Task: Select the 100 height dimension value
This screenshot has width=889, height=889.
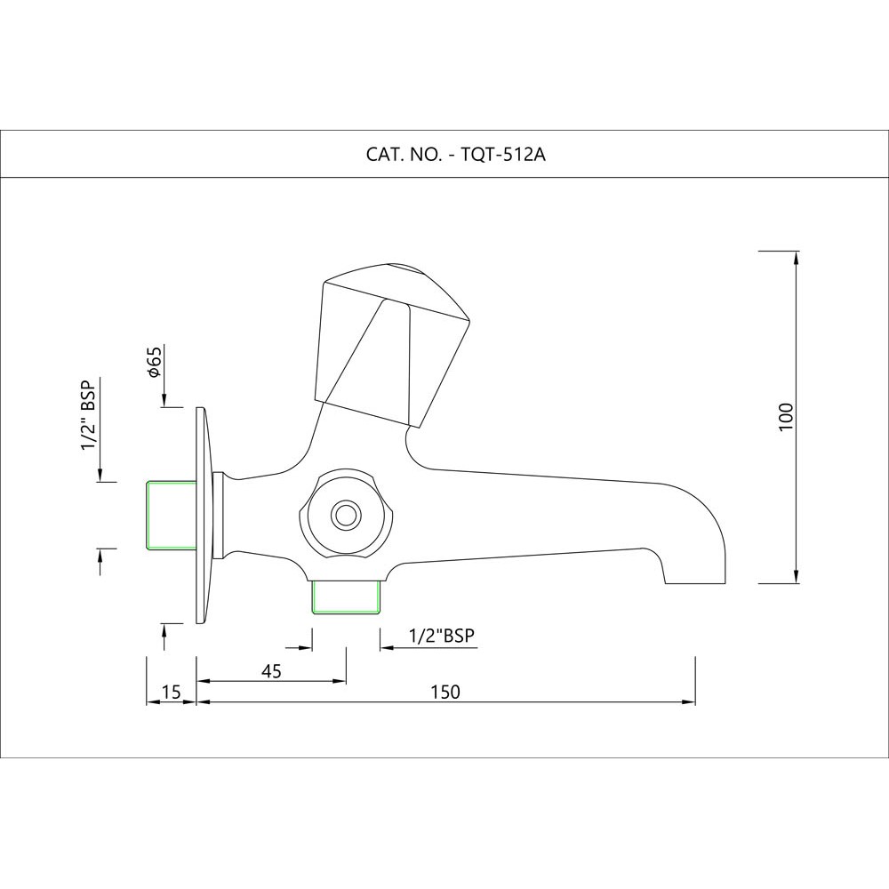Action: point(785,417)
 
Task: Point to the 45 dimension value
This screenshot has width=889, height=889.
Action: point(271,671)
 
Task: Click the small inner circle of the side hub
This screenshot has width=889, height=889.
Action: point(344,514)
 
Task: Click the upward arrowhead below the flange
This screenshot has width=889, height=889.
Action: point(164,630)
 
